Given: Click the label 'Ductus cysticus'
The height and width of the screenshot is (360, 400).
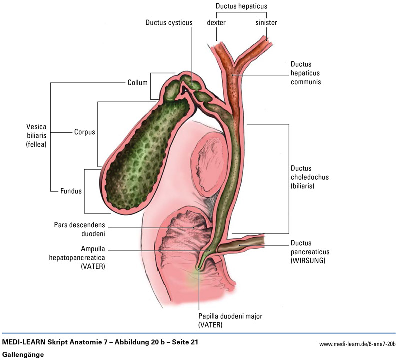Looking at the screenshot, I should click(169, 22).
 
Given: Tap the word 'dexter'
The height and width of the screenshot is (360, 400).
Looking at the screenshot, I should click(216, 23).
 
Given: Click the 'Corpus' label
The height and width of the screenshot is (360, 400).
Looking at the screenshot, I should click(84, 133).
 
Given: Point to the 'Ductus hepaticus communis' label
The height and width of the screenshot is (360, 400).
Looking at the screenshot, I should click(305, 73).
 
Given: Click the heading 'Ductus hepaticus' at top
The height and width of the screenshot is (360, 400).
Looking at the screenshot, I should click(241, 6).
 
